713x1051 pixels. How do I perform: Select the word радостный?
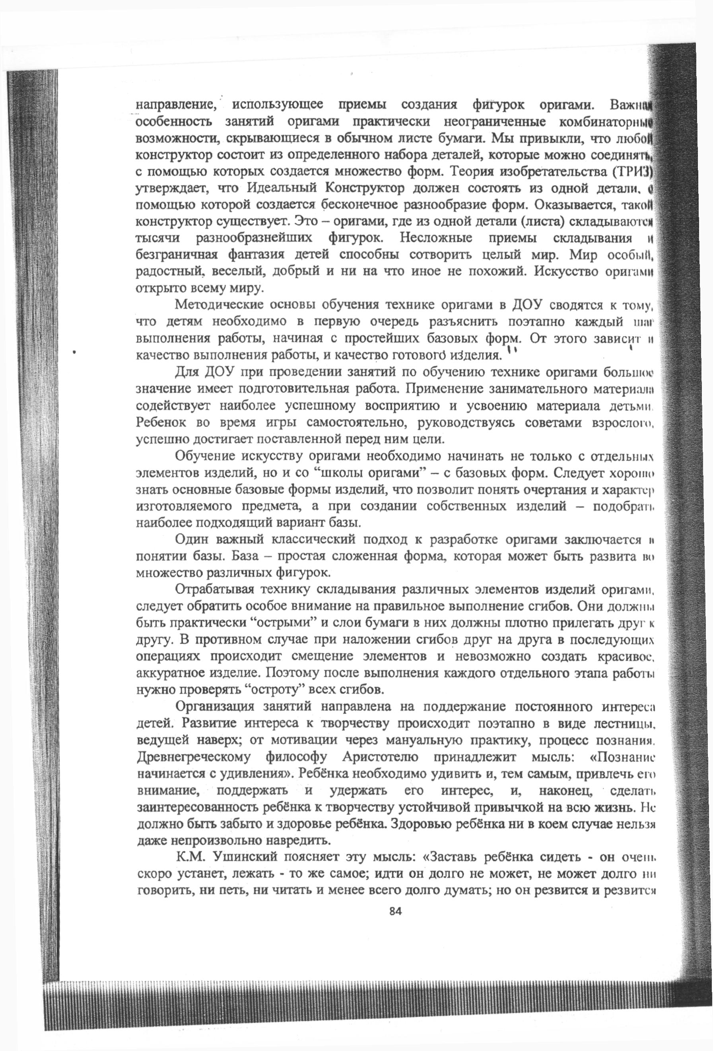tap(167, 272)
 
